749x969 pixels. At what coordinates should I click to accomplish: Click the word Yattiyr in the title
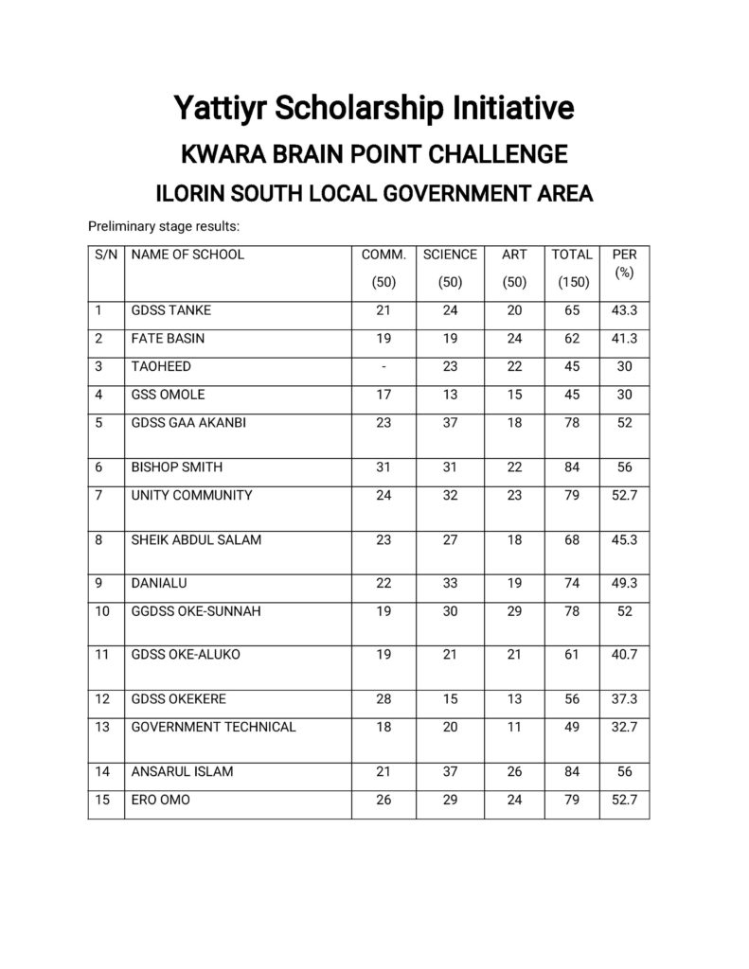[x=221, y=108]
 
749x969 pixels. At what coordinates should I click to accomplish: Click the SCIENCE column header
[x=450, y=255]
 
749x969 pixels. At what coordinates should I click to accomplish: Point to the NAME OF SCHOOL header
[x=187, y=255]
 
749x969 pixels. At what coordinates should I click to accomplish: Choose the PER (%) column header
[x=624, y=263]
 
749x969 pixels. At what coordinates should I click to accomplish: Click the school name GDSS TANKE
[x=171, y=310]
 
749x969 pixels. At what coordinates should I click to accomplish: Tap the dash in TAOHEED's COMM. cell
[x=383, y=366]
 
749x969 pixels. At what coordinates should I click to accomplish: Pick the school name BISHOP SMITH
[x=177, y=467]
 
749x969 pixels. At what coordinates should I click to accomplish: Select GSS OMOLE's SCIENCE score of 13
[x=450, y=395]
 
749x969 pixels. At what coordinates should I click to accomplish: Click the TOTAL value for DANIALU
[x=572, y=584]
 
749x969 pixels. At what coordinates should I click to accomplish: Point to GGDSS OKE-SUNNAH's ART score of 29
[x=514, y=611]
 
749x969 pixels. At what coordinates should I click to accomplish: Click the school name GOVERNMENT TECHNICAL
[x=213, y=727]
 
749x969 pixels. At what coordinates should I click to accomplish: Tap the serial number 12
[x=103, y=699]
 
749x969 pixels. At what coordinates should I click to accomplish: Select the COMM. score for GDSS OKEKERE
[x=383, y=699]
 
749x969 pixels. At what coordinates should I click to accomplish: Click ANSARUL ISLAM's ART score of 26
[x=514, y=772]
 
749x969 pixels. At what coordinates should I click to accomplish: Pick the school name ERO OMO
[x=160, y=800]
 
